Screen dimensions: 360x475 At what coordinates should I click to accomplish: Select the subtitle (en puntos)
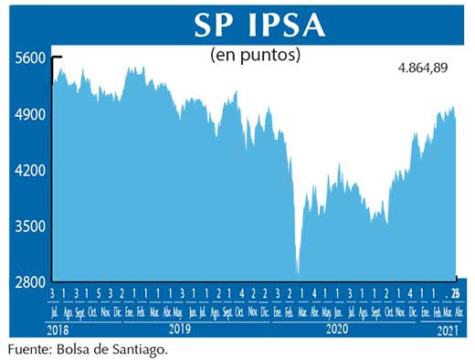[256, 55]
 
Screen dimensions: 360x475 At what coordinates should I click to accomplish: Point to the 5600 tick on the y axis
[30, 58]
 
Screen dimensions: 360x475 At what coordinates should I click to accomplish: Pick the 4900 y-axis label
[30, 114]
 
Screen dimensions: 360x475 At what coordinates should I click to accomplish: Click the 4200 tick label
[30, 170]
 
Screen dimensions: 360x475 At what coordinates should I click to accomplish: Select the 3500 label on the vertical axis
[30, 226]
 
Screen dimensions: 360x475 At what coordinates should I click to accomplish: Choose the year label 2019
[178, 327]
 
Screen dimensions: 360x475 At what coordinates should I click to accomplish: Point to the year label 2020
[337, 327]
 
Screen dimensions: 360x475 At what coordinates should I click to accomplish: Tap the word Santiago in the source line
[140, 348]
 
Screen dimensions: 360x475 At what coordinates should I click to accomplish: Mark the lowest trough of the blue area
[298, 272]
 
